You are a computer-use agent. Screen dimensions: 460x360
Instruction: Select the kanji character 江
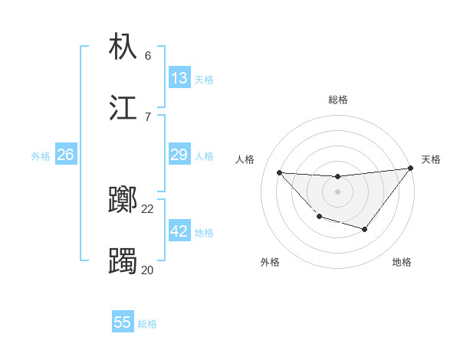pyautogui.click(x=123, y=107)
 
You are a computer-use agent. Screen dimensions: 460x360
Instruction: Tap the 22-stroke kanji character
pyautogui.click(x=123, y=201)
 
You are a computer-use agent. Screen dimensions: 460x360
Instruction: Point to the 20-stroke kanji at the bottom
pyautogui.click(x=123, y=261)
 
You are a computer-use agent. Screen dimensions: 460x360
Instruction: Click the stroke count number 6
pyautogui.click(x=148, y=56)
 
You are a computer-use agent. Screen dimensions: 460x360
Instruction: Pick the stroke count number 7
pyautogui.click(x=148, y=116)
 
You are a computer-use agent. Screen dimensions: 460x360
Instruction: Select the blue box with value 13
pyautogui.click(x=179, y=77)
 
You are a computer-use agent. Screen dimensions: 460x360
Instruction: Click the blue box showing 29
pyautogui.click(x=179, y=155)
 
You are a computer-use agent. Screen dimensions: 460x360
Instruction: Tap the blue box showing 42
pyautogui.click(x=179, y=231)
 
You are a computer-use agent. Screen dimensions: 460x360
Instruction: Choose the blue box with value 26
pyautogui.click(x=65, y=155)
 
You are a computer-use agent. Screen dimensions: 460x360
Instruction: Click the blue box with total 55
pyautogui.click(x=123, y=322)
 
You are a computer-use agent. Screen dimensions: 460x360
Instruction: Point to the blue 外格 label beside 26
pyautogui.click(x=41, y=156)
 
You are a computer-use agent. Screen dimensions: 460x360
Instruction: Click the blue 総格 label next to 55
pyautogui.click(x=147, y=324)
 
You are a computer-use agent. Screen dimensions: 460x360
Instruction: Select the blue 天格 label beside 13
pyautogui.click(x=204, y=79)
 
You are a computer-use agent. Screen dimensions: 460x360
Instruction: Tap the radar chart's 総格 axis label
pyautogui.click(x=337, y=100)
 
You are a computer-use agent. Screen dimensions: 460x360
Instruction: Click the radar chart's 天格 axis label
pyautogui.click(x=431, y=159)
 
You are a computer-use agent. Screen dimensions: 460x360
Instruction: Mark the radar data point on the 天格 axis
pyautogui.click(x=410, y=169)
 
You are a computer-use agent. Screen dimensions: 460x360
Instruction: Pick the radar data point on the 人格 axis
pyautogui.click(x=279, y=172)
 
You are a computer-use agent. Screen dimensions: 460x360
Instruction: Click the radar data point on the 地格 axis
pyautogui.click(x=365, y=229)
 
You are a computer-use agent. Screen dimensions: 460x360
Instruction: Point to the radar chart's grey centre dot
pyautogui.click(x=337, y=191)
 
